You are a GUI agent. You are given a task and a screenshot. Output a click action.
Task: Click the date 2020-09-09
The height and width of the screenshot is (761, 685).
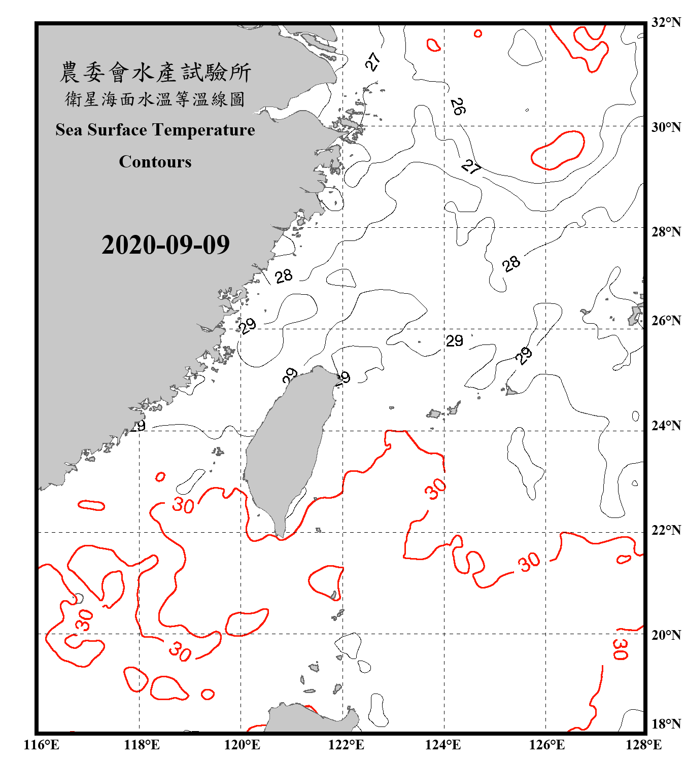pyautogui.click(x=165, y=245)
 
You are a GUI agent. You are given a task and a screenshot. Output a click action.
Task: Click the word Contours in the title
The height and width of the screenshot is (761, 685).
pyautogui.click(x=155, y=162)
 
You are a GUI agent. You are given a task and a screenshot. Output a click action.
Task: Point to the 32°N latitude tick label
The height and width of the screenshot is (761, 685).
pyautogui.click(x=666, y=22)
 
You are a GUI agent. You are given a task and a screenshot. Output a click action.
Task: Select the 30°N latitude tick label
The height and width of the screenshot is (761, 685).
pyautogui.click(x=666, y=127)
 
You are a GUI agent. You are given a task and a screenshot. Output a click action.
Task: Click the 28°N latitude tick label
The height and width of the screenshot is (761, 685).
pyautogui.click(x=666, y=232)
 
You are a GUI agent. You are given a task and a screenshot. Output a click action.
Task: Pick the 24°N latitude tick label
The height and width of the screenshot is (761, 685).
pyautogui.click(x=666, y=425)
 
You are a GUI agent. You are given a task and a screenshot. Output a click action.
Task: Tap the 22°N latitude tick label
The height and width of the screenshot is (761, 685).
pyautogui.click(x=666, y=530)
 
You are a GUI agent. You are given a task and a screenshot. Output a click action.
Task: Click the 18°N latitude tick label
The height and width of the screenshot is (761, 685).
pyautogui.click(x=666, y=724)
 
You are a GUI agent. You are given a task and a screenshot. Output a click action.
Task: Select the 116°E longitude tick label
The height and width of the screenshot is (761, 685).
pyautogui.click(x=42, y=745)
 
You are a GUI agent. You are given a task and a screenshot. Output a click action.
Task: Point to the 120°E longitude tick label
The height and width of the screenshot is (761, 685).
pyautogui.click(x=242, y=745)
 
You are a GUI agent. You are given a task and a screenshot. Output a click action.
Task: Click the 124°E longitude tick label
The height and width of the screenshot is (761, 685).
pyautogui.click(x=443, y=745)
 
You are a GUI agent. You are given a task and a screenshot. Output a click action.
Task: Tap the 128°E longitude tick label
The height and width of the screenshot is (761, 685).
pyautogui.click(x=643, y=745)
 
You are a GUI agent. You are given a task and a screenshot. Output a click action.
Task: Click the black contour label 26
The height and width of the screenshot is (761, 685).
pyautogui.click(x=458, y=107)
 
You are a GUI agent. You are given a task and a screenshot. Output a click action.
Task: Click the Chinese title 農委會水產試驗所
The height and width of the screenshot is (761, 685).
pyautogui.click(x=155, y=73)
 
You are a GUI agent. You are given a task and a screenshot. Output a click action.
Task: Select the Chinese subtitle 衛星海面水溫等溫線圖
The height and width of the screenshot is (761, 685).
pyautogui.click(x=155, y=99)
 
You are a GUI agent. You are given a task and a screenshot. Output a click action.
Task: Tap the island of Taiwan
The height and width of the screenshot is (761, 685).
pyautogui.click(x=287, y=446)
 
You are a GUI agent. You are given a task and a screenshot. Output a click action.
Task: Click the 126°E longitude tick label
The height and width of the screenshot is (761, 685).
pyautogui.click(x=546, y=745)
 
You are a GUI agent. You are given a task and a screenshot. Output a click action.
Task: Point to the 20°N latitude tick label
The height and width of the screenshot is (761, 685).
pyautogui.click(x=666, y=635)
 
